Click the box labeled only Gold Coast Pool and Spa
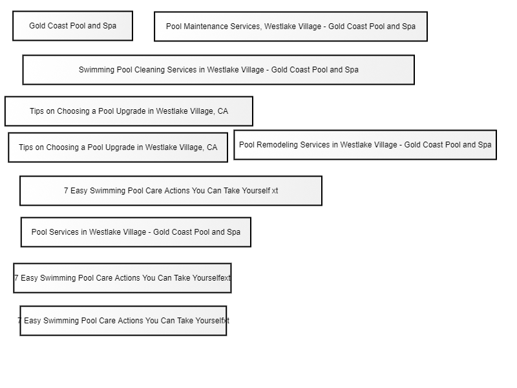tap(72, 26)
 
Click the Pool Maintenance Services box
tap(291, 27)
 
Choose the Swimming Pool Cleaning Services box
tap(218, 70)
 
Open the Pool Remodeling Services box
tap(365, 145)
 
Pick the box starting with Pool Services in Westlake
tap(136, 232)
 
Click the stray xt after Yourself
tap(275, 191)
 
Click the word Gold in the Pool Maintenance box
tap(335, 27)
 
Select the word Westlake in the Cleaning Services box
tap(220, 70)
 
